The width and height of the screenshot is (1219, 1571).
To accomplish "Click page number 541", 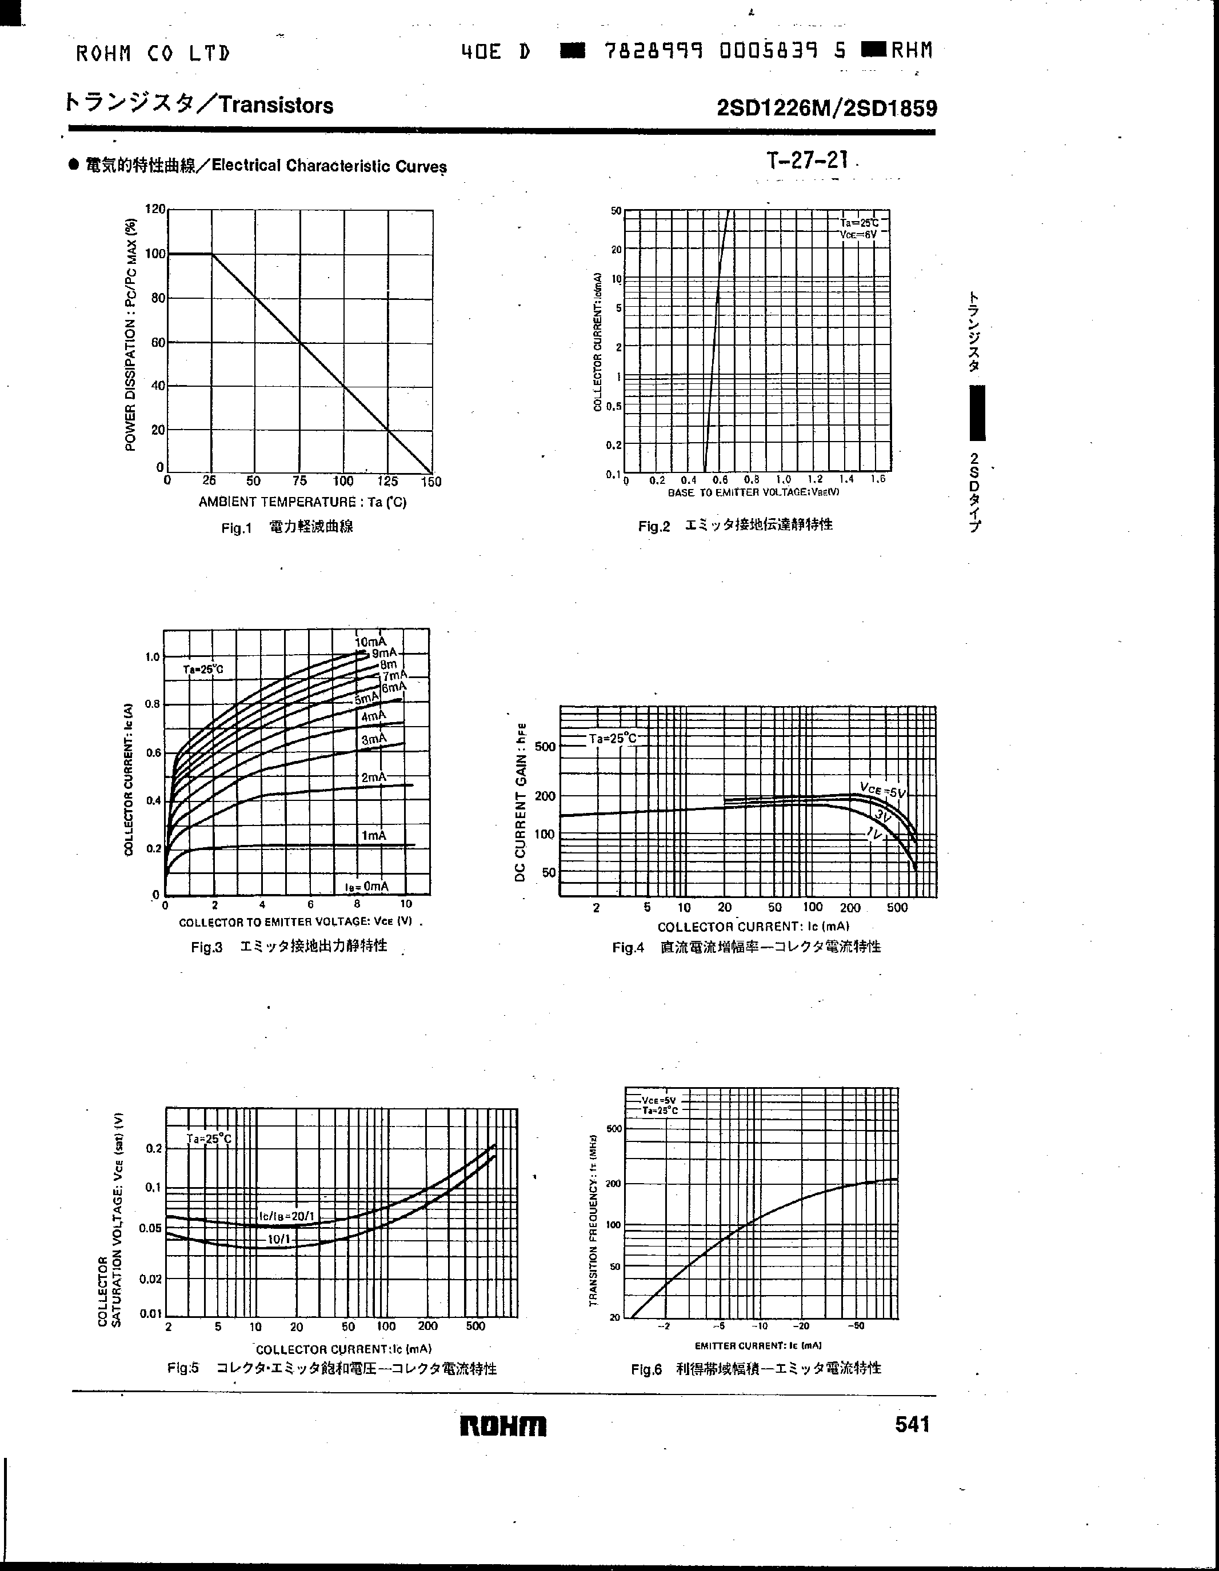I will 913,1424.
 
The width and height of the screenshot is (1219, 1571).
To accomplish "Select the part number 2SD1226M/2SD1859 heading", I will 827,108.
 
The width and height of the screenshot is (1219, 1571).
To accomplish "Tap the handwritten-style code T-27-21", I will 808,160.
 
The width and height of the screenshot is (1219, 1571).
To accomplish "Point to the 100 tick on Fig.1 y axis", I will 155,254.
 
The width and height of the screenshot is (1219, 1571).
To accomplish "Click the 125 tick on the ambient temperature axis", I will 387,481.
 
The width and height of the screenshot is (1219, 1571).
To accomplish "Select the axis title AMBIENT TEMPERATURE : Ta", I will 302,502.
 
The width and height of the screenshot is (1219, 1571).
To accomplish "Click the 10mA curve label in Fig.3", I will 370,641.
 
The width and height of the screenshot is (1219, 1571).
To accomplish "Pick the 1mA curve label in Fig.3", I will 373,835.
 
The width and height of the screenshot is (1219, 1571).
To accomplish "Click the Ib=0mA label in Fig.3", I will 366,886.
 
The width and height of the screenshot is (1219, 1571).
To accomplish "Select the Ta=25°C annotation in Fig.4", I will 613,739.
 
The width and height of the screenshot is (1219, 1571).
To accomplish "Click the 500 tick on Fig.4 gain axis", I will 545,747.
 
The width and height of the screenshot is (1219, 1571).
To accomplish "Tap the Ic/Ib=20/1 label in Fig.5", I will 286,1216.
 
